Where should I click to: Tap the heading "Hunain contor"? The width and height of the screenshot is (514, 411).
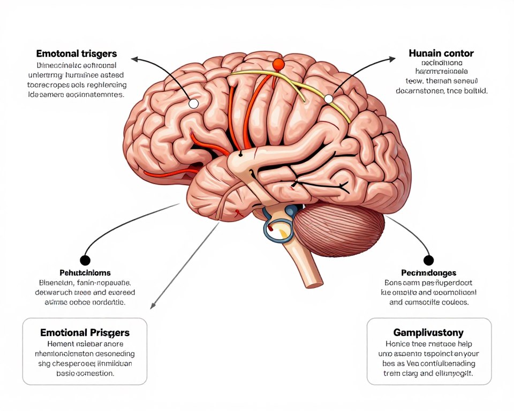[441, 54]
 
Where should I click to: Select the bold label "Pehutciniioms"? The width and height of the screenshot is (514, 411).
[85, 273]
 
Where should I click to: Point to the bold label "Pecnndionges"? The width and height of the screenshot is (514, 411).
[428, 273]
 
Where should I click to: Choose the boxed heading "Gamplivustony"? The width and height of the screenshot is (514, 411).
[428, 333]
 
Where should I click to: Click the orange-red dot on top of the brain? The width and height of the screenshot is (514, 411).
[278, 65]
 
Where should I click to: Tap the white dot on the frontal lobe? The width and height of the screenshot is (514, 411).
[194, 103]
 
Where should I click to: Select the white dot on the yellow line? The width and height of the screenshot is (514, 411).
[328, 99]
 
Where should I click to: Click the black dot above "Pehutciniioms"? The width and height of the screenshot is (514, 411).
[85, 260]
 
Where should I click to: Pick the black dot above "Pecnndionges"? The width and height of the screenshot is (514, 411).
[428, 260]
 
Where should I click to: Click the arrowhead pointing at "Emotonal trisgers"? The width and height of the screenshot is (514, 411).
[134, 59]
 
